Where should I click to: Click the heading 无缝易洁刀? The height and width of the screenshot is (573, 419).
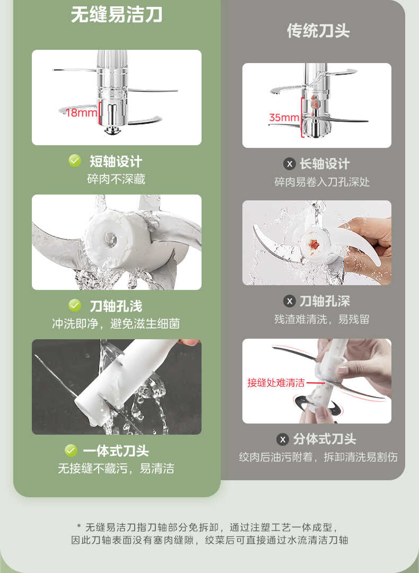tap(117, 14)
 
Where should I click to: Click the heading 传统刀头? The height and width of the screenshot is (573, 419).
tap(318, 31)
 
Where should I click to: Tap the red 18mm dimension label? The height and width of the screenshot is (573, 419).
tap(81, 112)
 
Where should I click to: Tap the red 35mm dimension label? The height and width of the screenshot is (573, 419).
tap(284, 117)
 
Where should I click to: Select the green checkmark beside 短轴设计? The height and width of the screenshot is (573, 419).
tap(75, 161)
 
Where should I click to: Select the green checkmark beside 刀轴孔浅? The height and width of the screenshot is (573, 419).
tap(75, 305)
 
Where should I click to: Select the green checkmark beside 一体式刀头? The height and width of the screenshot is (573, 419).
tap(71, 451)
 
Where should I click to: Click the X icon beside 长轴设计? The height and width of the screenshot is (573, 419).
tap(289, 164)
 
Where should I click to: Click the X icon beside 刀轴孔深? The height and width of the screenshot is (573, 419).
tap(289, 302)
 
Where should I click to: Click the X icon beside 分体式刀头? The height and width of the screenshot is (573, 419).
tap(283, 439)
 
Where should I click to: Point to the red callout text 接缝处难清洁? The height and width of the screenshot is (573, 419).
tap(276, 383)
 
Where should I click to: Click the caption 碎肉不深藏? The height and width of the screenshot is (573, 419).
tap(116, 179)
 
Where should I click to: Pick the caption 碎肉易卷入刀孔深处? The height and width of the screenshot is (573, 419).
tap(322, 182)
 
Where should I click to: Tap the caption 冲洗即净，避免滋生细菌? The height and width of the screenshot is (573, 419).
tap(116, 323)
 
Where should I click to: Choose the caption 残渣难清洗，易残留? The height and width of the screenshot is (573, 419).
tap(322, 319)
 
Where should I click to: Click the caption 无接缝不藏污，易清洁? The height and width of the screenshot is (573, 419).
tap(116, 469)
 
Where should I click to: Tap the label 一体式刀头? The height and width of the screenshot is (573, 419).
tap(116, 451)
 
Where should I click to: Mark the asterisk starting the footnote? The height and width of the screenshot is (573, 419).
tap(78, 527)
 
